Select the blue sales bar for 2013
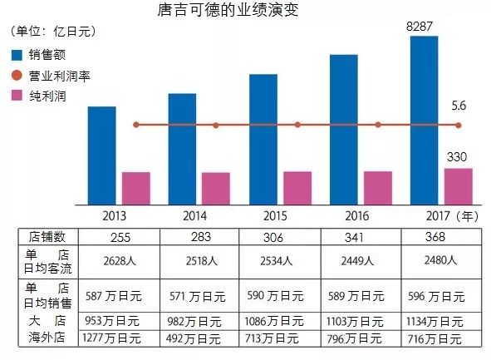tap(101, 155)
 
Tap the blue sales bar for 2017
tap(425, 120)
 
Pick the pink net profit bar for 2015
tap(297, 187)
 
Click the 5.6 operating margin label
tap(459, 106)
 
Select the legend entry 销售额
tap(41, 56)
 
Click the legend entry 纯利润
tap(41, 96)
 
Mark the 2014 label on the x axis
tap(199, 215)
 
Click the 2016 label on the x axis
tap(361, 215)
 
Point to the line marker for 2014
tap(215, 125)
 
